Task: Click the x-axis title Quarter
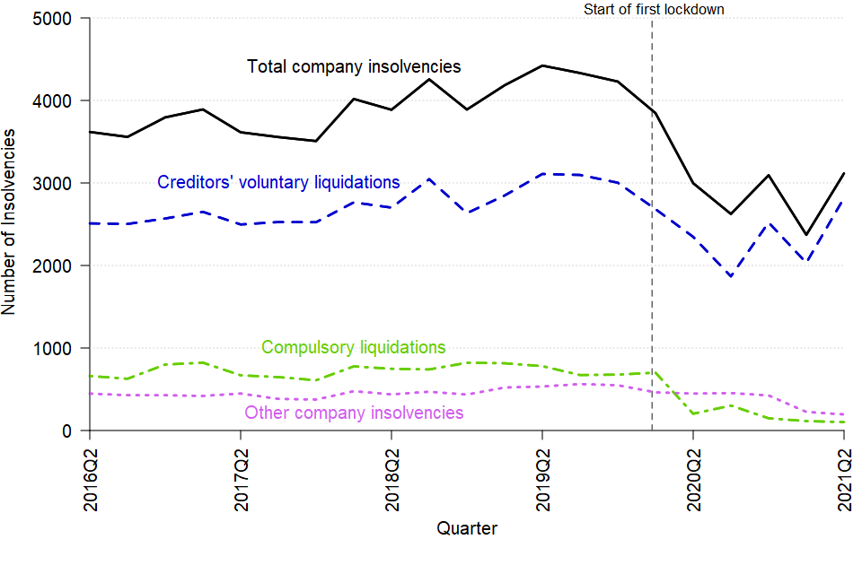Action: (x=467, y=528)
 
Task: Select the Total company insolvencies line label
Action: (x=354, y=67)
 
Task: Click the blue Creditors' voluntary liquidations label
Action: (x=278, y=182)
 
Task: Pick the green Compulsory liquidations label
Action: (x=353, y=348)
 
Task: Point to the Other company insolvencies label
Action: (x=354, y=413)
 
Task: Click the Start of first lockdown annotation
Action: (x=654, y=10)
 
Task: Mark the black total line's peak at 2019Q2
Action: (x=542, y=65)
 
